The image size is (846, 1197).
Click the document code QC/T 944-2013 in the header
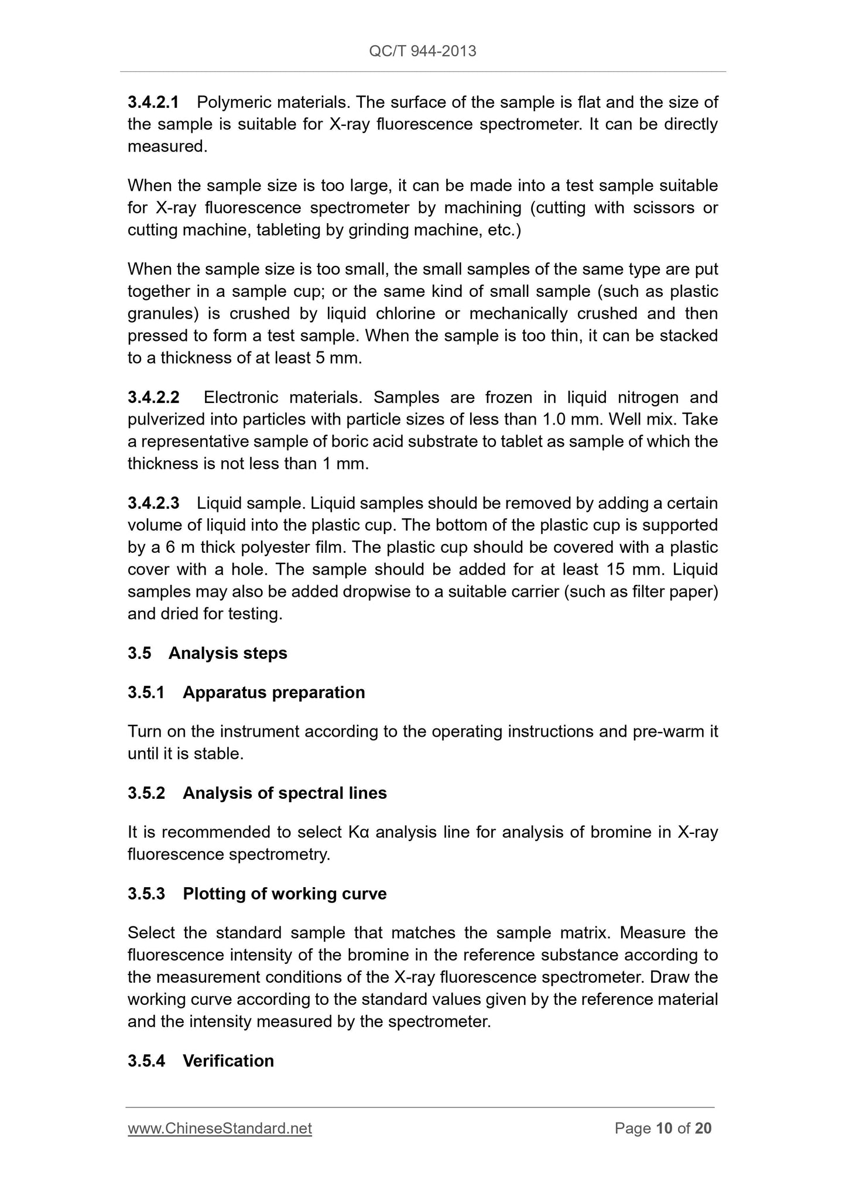click(423, 52)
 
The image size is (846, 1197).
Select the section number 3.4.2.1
click(153, 102)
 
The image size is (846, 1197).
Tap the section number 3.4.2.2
click(153, 398)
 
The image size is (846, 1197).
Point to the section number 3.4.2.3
click(153, 503)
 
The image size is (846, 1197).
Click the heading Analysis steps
click(228, 653)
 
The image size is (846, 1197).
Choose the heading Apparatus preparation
click(273, 692)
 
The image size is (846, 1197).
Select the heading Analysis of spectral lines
click(285, 793)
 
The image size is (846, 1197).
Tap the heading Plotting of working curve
click(285, 894)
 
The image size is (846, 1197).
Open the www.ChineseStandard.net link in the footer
click(220, 1128)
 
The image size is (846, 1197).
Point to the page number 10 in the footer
click(664, 1128)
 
